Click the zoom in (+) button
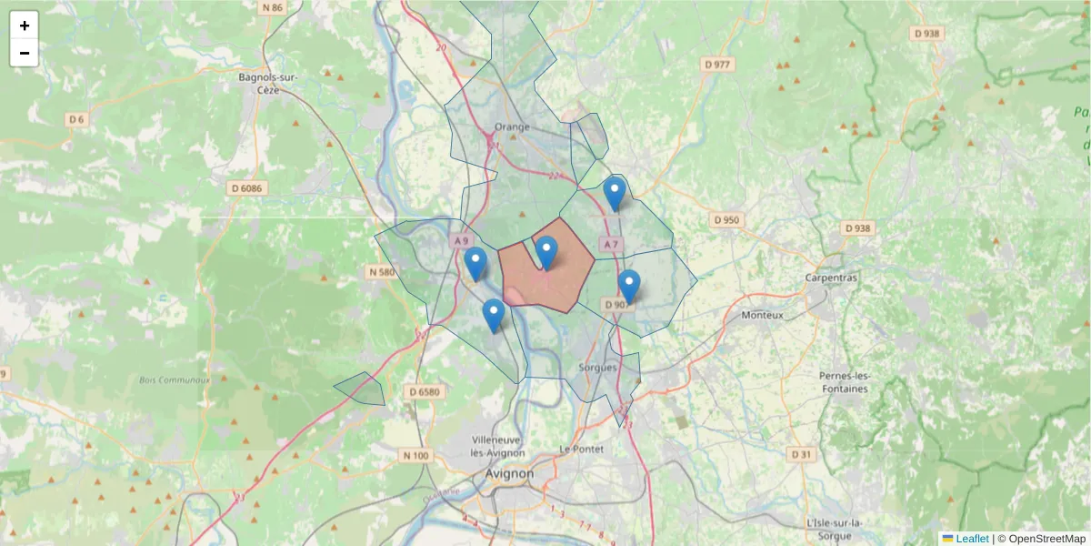click(x=25, y=25)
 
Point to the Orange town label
click(x=512, y=126)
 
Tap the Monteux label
click(x=762, y=315)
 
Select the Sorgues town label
click(x=597, y=368)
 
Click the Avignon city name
click(x=510, y=474)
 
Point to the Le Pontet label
click(x=581, y=449)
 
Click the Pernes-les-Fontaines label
click(x=845, y=382)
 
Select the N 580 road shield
click(x=383, y=271)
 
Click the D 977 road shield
click(x=717, y=65)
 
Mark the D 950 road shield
click(x=727, y=220)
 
